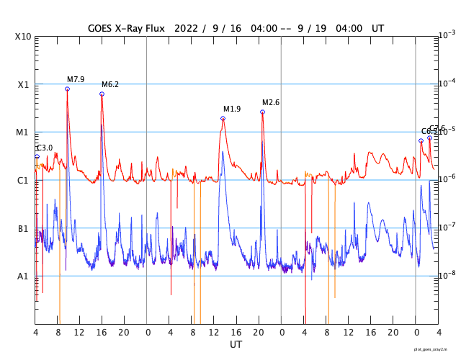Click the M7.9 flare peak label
[x=76, y=79]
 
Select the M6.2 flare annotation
[x=110, y=84]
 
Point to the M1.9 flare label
[x=232, y=109]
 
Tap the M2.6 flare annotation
[x=271, y=102]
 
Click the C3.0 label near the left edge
[x=45, y=148]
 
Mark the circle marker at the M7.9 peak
[x=67, y=89]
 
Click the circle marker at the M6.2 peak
[x=102, y=94]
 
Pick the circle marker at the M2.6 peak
[x=262, y=112]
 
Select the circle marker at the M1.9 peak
[x=223, y=118]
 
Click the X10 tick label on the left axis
[x=23, y=36]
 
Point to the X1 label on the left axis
[x=23, y=84]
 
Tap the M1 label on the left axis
[x=23, y=132]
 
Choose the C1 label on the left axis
[x=23, y=180]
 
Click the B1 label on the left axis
[x=23, y=228]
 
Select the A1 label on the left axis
[x=23, y=276]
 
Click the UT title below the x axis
[x=236, y=345]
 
